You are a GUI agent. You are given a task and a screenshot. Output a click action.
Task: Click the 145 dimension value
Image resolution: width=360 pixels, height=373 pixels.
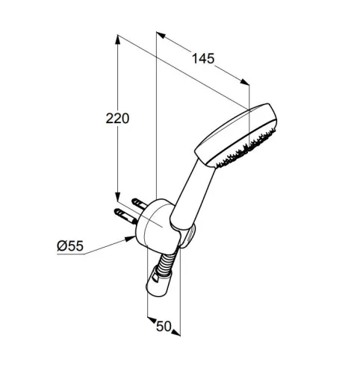pyautogui.click(x=203, y=59)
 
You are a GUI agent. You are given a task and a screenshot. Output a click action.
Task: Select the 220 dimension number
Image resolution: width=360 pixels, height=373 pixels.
pyautogui.click(x=117, y=119)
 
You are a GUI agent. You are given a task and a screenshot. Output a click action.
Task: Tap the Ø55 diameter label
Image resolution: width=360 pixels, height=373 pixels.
pyautogui.click(x=70, y=246)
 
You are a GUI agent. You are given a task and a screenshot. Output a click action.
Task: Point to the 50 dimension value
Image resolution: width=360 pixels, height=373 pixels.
pyautogui.click(x=164, y=326)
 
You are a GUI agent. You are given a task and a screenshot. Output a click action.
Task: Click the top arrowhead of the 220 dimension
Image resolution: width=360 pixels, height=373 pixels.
pyautogui.click(x=117, y=40)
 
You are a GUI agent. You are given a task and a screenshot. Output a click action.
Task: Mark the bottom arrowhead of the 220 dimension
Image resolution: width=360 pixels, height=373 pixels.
pyautogui.click(x=117, y=196)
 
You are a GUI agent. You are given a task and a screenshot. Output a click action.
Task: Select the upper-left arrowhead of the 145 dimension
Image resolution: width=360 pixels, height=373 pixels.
pyautogui.click(x=161, y=35)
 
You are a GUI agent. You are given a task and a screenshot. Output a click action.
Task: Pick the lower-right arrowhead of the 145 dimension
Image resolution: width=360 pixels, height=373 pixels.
pyautogui.click(x=244, y=82)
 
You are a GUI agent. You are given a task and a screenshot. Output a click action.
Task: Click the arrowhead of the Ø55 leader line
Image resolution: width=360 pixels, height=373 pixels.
pyautogui.click(x=131, y=239)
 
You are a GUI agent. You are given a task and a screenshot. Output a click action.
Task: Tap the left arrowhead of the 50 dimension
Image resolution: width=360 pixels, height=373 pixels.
pyautogui.click(x=152, y=319)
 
